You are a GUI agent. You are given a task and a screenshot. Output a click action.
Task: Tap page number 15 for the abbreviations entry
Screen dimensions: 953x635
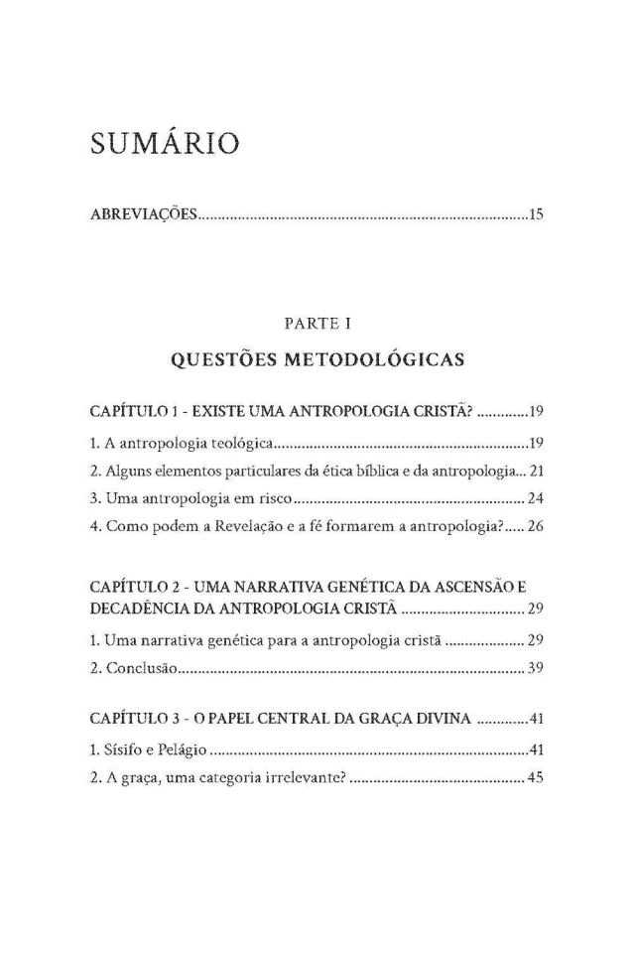[x=537, y=213]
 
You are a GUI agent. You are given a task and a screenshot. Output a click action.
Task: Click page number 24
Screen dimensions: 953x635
[x=537, y=496]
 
